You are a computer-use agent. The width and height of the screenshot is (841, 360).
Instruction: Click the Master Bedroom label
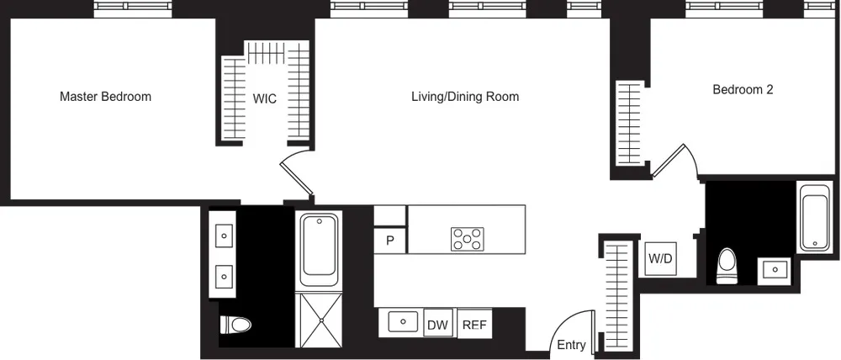[x=105, y=97]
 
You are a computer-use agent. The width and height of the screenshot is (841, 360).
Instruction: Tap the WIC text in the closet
[x=265, y=98]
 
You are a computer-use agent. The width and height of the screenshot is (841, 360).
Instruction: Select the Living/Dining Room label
[x=464, y=97]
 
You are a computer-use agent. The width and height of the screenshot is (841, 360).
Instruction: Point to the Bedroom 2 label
[x=743, y=90]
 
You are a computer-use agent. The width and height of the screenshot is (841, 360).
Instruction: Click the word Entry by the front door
[x=572, y=345]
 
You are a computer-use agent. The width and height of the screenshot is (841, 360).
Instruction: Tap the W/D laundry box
[x=659, y=258]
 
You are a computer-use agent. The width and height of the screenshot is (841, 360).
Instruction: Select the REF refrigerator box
[x=475, y=325]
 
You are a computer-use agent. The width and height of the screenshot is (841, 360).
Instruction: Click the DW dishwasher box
[x=437, y=325]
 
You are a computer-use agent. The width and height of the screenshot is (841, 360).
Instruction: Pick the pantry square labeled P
[x=390, y=241]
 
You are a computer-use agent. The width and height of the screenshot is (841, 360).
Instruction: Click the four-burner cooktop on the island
[x=468, y=239]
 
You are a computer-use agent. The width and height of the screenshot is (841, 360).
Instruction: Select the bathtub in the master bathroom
[x=319, y=247]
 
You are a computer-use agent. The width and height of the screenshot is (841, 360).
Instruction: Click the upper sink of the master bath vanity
[x=225, y=236]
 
